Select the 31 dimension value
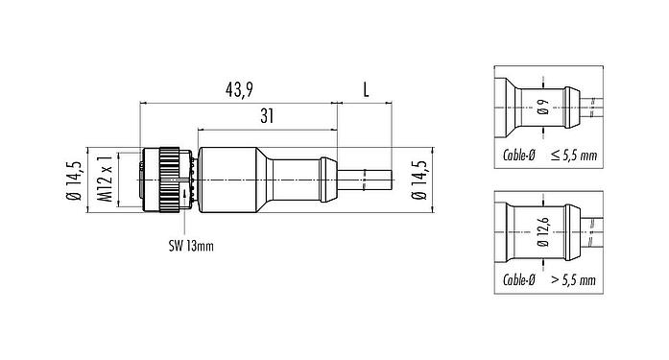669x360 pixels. click(269, 117)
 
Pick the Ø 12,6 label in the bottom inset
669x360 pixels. click(543, 232)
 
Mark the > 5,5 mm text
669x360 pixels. click(572, 280)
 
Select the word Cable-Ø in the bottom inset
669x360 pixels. click(517, 280)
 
